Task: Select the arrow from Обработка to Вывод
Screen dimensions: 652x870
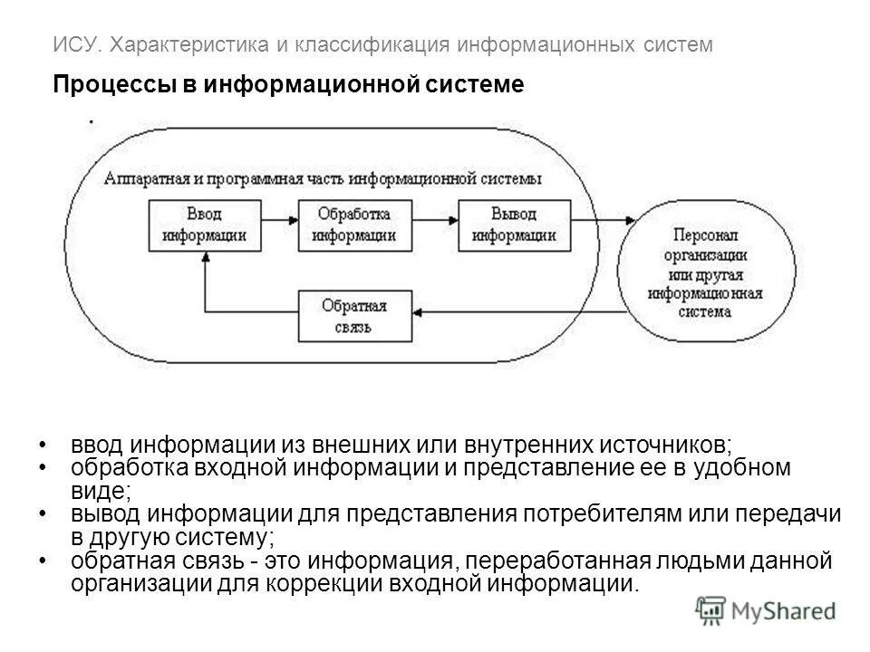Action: tap(436, 220)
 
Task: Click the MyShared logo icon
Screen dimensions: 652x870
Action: tap(710, 611)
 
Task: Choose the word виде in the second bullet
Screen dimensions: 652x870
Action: tap(97, 491)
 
